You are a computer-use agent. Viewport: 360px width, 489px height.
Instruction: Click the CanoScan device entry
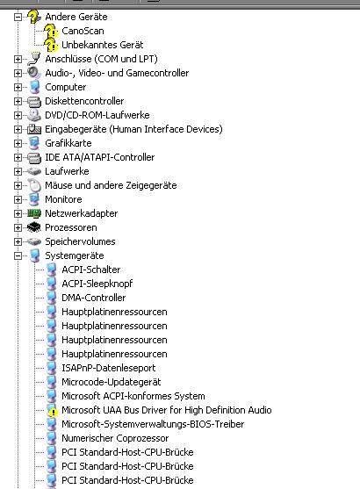pyautogui.click(x=83, y=31)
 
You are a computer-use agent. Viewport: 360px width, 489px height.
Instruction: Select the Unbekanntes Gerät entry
pyautogui.click(x=103, y=45)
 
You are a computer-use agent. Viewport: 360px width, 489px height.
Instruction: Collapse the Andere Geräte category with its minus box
pyautogui.click(x=18, y=17)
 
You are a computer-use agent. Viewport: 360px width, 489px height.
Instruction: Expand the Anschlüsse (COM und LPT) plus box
pyautogui.click(x=18, y=59)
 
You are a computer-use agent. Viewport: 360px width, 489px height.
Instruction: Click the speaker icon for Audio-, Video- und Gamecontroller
pyautogui.click(x=33, y=73)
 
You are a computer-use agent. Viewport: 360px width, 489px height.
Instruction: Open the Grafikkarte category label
pyautogui.click(x=68, y=143)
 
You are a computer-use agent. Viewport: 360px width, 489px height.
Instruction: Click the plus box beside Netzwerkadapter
pyautogui.click(x=18, y=213)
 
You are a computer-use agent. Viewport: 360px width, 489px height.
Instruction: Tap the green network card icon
pyautogui.click(x=34, y=213)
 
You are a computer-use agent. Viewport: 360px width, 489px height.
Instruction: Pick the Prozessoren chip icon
pyautogui.click(x=34, y=227)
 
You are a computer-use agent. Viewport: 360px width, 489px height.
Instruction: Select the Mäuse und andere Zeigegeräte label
pyautogui.click(x=111, y=185)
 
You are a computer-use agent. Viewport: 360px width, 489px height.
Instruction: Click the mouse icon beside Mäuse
pyautogui.click(x=34, y=185)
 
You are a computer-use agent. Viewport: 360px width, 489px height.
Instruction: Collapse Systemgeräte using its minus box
pyautogui.click(x=18, y=255)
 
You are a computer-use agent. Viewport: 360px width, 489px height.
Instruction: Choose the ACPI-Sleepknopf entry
pyautogui.click(x=97, y=284)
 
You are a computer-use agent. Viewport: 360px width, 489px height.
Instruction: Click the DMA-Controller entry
pyautogui.click(x=94, y=298)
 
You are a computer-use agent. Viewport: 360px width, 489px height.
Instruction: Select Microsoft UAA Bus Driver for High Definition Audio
pyautogui.click(x=167, y=410)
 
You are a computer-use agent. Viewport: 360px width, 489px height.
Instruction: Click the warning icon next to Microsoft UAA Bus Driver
pyautogui.click(x=52, y=411)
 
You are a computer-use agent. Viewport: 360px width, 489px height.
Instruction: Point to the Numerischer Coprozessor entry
pyautogui.click(x=115, y=438)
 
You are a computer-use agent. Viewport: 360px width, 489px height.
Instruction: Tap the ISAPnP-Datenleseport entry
pyautogui.click(x=109, y=368)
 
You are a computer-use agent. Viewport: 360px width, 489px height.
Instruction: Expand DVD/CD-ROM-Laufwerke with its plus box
pyautogui.click(x=18, y=115)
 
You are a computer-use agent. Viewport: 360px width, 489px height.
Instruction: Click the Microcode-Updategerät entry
pyautogui.click(x=112, y=382)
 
